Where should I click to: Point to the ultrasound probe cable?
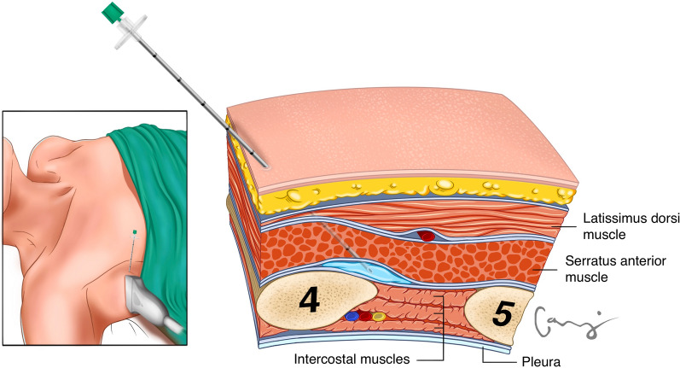coord(175,327)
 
